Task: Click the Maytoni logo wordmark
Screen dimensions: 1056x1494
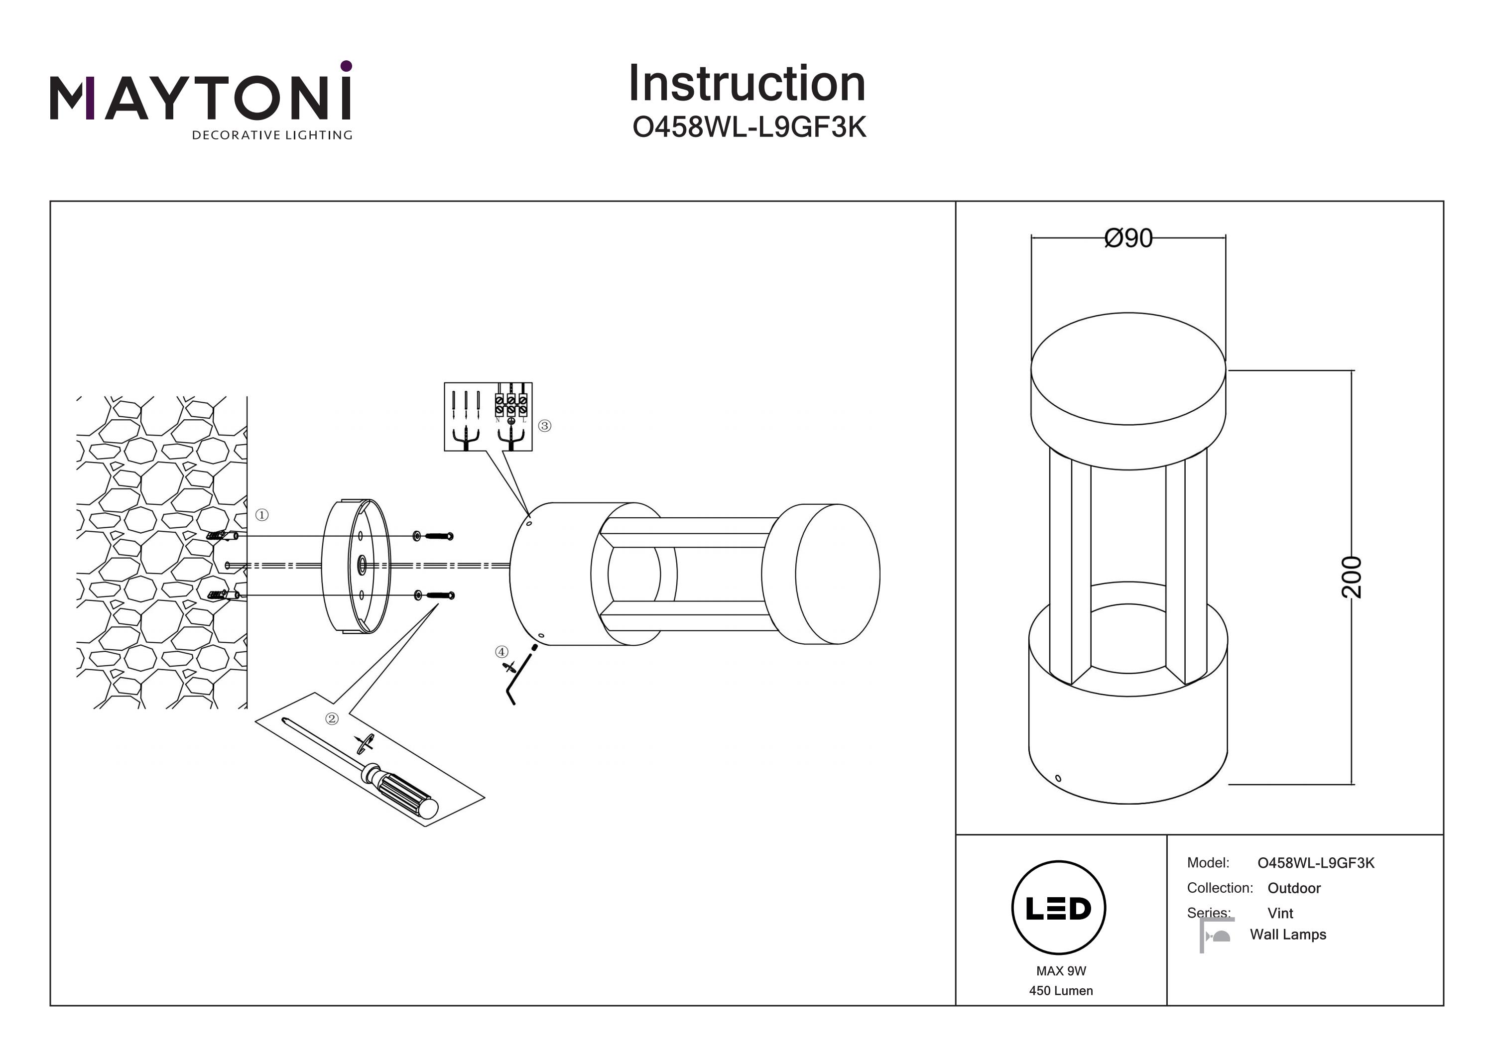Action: click(200, 98)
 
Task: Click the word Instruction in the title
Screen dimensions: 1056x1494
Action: click(747, 84)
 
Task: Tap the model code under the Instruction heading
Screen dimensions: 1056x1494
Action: click(749, 127)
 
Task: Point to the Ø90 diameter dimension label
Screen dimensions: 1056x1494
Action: click(1128, 238)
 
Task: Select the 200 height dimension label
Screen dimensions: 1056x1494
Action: click(1351, 577)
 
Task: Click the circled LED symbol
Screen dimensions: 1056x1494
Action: click(1059, 908)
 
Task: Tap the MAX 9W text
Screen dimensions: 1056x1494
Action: click(1061, 971)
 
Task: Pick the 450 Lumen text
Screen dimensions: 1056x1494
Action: click(1061, 991)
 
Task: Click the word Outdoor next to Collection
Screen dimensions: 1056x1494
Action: click(1294, 888)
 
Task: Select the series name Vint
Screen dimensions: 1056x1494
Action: click(1280, 913)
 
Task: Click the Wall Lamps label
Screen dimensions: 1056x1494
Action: click(1288, 935)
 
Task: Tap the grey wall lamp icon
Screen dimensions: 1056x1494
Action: click(1216, 936)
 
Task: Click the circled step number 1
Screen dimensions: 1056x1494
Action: click(261, 515)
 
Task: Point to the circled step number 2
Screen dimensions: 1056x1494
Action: click(332, 719)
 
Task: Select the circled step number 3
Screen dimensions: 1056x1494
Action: click(545, 426)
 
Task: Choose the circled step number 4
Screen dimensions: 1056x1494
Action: click(501, 652)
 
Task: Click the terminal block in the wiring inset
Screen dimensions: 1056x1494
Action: click(511, 405)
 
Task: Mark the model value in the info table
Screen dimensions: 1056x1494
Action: click(1316, 863)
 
